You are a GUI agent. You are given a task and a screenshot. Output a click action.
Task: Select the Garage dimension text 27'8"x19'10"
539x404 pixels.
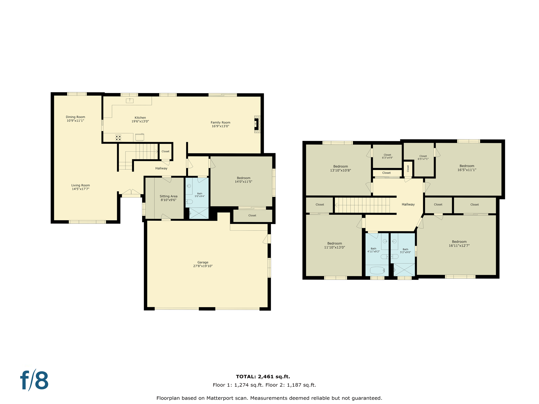point(203,266)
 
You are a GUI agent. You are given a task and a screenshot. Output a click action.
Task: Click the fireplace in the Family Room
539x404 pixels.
point(257,124)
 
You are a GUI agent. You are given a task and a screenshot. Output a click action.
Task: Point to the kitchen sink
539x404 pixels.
point(129,100)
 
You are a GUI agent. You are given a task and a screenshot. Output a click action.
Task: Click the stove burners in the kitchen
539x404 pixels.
point(118,138)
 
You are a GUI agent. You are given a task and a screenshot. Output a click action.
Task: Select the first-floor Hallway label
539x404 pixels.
point(161,168)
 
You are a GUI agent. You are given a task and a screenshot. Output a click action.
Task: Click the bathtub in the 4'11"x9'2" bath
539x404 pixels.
point(377,270)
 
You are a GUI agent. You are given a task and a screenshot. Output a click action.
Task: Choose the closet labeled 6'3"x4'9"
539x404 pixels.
point(387,156)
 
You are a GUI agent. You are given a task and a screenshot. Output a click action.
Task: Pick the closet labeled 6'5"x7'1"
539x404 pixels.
point(423,157)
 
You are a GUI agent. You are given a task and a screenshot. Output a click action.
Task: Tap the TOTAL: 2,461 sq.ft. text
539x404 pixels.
point(263,377)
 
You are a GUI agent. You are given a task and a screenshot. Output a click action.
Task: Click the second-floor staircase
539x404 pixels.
point(363,205)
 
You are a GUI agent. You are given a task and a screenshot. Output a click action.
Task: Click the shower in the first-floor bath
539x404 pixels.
point(199,213)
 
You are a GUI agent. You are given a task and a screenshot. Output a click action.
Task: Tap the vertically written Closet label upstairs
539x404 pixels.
point(408,168)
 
